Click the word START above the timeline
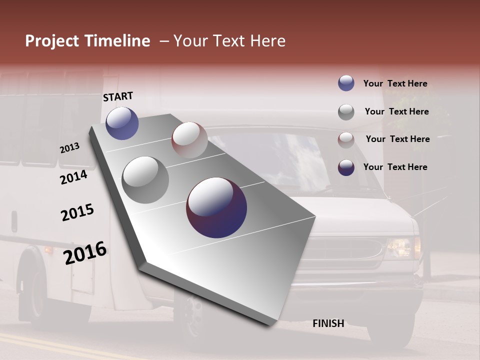tap(118, 96)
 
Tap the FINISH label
tap(328, 323)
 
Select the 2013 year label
tap(70, 148)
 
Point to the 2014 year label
tap(74, 177)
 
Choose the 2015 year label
tap(77, 212)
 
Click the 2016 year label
tap(85, 252)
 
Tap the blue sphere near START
tap(122, 123)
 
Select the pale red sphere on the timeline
tap(189, 140)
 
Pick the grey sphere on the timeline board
tap(145, 180)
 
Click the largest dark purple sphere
tap(216, 207)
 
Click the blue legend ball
tap(346, 83)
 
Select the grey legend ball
tap(346, 112)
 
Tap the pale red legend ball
tap(346, 139)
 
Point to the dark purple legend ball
tap(346, 167)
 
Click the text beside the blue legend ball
tap(395, 83)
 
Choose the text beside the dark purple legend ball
tap(395, 167)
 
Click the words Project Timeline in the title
tap(87, 41)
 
